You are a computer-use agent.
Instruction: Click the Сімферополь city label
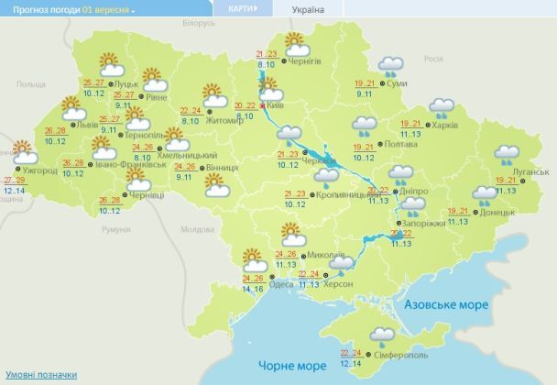(x=404, y=355)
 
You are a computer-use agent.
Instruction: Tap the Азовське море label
(x=444, y=303)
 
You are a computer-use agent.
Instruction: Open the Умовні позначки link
(x=41, y=375)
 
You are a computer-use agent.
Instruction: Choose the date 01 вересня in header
(x=106, y=9)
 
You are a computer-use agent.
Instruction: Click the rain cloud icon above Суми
(x=391, y=66)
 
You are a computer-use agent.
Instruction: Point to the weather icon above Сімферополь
(x=382, y=336)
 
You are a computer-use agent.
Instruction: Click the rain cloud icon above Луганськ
(x=507, y=155)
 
